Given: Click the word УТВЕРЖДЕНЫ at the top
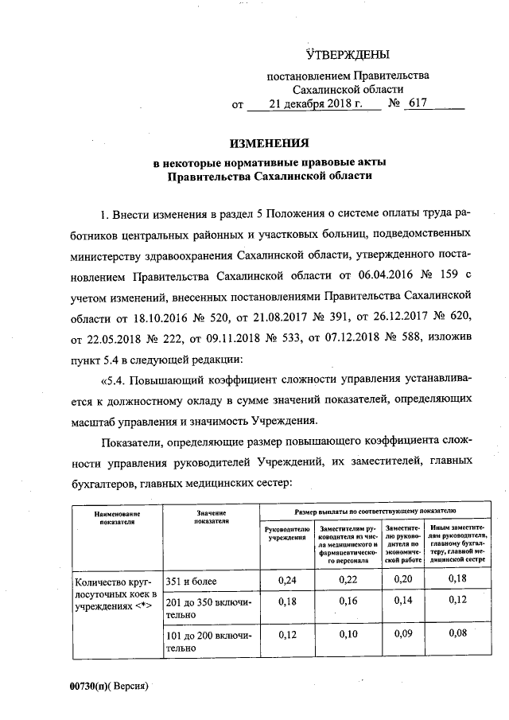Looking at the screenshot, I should pos(348,55).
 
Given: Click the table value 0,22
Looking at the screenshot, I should pos(348,581).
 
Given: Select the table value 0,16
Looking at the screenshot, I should pos(348,601).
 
